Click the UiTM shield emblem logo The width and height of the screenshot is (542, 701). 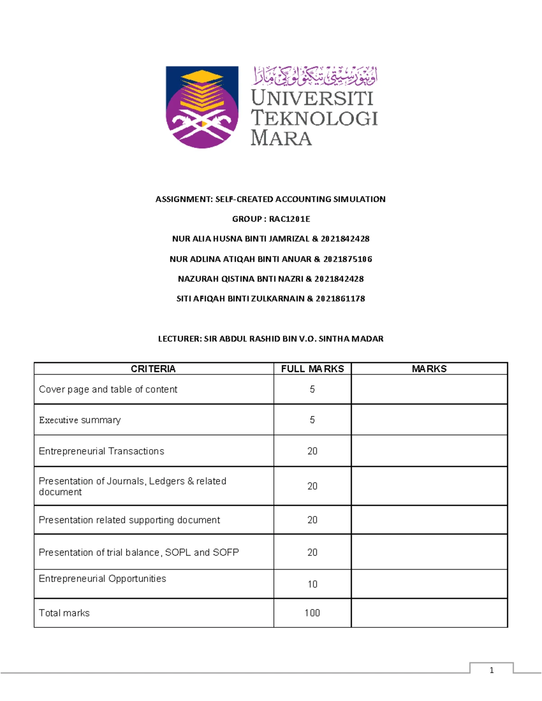point(202,107)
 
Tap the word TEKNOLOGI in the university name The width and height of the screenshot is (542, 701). point(314,118)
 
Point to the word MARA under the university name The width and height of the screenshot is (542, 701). point(281,138)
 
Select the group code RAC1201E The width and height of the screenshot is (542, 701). point(290,219)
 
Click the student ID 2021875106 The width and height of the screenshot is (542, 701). point(348,259)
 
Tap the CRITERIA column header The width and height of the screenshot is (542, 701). point(153,369)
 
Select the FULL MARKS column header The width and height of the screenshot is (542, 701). point(312,369)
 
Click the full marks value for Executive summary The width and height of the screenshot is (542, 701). point(312,420)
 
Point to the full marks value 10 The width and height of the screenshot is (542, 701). point(312,584)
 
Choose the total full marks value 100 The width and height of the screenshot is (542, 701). point(312,613)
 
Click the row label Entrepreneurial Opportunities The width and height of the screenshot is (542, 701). point(103,579)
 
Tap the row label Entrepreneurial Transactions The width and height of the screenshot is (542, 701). point(102,451)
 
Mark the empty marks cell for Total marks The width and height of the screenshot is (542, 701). point(429,613)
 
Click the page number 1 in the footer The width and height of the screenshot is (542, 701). point(491,670)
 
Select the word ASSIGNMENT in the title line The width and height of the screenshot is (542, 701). point(183,199)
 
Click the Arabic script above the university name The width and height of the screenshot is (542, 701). point(314,76)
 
